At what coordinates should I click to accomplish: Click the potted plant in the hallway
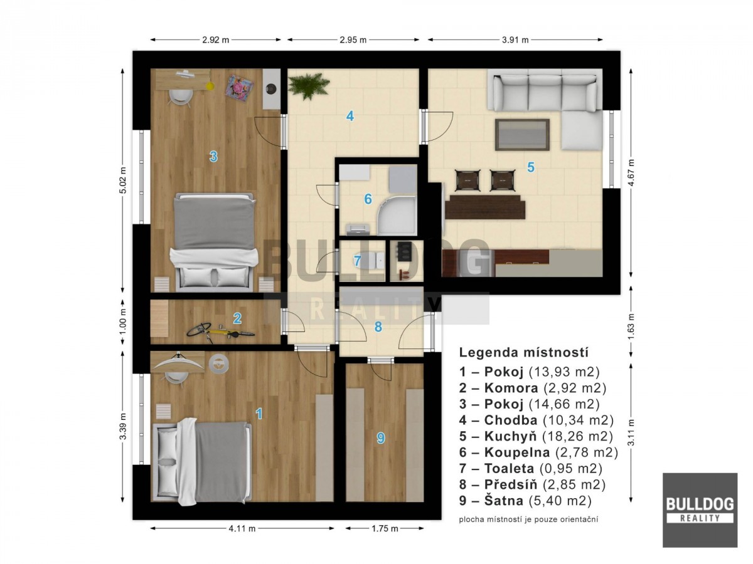click(x=308, y=86)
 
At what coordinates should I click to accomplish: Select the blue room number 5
click(x=531, y=167)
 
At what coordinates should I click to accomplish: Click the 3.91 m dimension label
click(x=515, y=40)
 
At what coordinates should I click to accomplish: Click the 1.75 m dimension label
click(x=385, y=529)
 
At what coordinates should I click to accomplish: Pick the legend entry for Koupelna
click(x=538, y=452)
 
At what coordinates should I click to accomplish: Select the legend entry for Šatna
click(x=525, y=501)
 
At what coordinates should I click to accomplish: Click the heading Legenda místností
click(x=523, y=352)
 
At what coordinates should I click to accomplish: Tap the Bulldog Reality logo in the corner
click(x=700, y=510)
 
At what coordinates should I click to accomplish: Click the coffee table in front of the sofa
click(x=522, y=134)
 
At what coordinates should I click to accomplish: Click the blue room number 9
click(x=381, y=438)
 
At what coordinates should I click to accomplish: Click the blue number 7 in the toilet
click(x=357, y=261)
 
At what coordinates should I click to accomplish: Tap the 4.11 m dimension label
click(x=242, y=529)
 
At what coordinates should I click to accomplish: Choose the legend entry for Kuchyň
click(x=536, y=436)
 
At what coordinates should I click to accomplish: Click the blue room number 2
click(x=237, y=318)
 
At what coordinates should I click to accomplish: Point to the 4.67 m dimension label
click(x=631, y=172)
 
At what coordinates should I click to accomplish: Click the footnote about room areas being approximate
click(x=528, y=520)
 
